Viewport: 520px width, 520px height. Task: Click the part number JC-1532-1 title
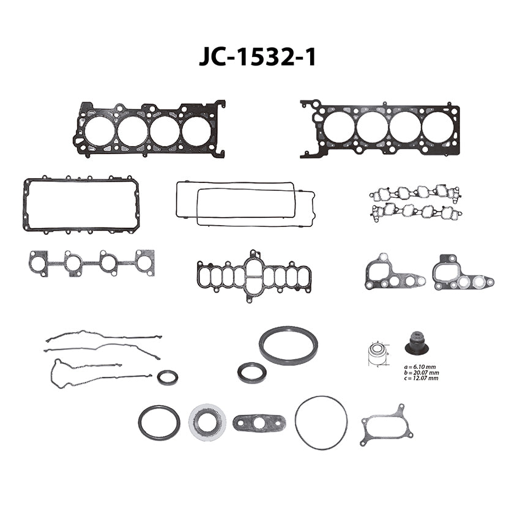(x=257, y=58)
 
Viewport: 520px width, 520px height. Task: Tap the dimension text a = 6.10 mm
(x=420, y=367)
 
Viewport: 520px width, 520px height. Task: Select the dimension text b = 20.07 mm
(x=422, y=373)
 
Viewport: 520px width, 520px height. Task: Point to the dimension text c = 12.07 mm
(x=421, y=378)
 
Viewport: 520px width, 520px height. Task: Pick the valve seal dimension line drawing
(x=378, y=354)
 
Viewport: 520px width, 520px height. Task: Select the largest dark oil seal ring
(x=288, y=345)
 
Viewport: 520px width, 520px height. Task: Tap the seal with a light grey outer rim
(x=207, y=423)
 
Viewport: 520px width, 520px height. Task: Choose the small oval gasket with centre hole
(x=259, y=423)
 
